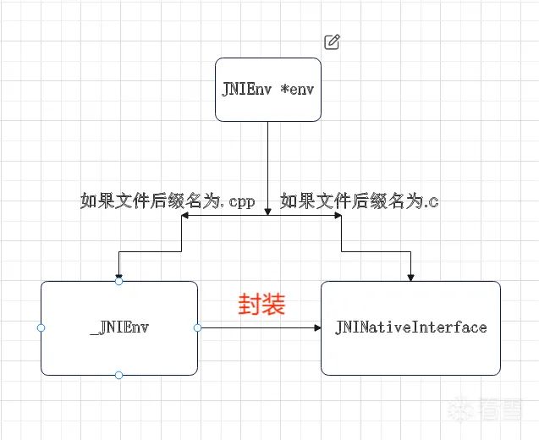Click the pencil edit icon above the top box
click(332, 42)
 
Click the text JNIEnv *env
click(267, 90)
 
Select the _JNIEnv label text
click(119, 327)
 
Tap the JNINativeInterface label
click(410, 327)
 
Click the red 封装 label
click(262, 304)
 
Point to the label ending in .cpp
click(168, 201)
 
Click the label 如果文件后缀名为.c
click(360, 201)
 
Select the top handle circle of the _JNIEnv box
click(119, 282)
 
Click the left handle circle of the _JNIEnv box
click(41, 328)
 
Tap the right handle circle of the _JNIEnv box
click(198, 328)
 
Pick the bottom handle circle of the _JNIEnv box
click(119, 375)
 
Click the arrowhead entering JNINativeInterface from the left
click(317, 328)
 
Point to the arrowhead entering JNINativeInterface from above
click(410, 278)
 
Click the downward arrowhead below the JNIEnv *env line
click(267, 212)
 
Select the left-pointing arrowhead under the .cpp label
click(185, 216)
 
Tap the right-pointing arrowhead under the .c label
click(338, 216)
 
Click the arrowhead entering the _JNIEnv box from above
click(119, 275)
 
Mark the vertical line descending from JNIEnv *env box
click(267, 168)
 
